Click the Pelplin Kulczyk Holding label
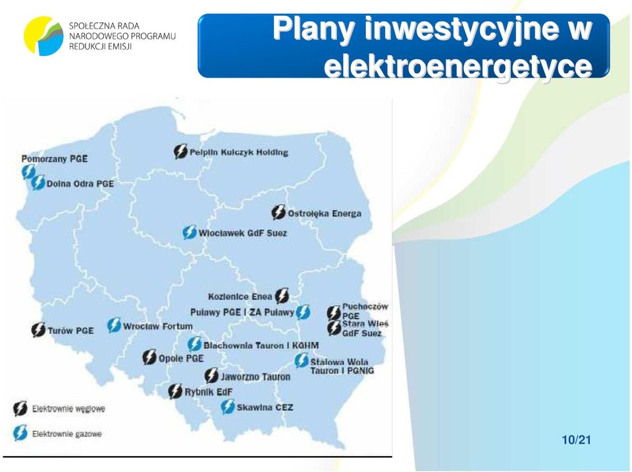pyautogui.click(x=238, y=152)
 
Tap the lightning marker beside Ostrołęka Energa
pyautogui.click(x=278, y=213)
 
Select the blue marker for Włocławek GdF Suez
pyautogui.click(x=190, y=232)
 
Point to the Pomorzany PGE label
pyautogui.click(x=55, y=159)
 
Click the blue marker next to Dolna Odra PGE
pyautogui.click(x=38, y=182)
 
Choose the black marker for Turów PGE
pyautogui.click(x=38, y=330)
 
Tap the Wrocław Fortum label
pyautogui.click(x=157, y=326)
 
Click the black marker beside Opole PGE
pyautogui.click(x=149, y=357)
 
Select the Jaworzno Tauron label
pyautogui.click(x=255, y=377)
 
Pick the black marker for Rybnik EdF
pyautogui.click(x=175, y=391)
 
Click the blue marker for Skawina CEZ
pyautogui.click(x=228, y=407)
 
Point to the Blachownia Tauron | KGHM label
pyautogui.click(x=261, y=346)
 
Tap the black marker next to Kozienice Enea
pyautogui.click(x=282, y=296)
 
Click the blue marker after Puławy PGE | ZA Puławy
pyautogui.click(x=303, y=312)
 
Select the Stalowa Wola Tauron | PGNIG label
pyautogui.click(x=342, y=366)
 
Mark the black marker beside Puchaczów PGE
pyautogui.click(x=334, y=313)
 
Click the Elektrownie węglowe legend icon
pyautogui.click(x=20, y=408)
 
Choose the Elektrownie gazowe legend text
pyautogui.click(x=67, y=434)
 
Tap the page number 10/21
pyautogui.click(x=577, y=440)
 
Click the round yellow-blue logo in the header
pyautogui.click(x=43, y=36)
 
